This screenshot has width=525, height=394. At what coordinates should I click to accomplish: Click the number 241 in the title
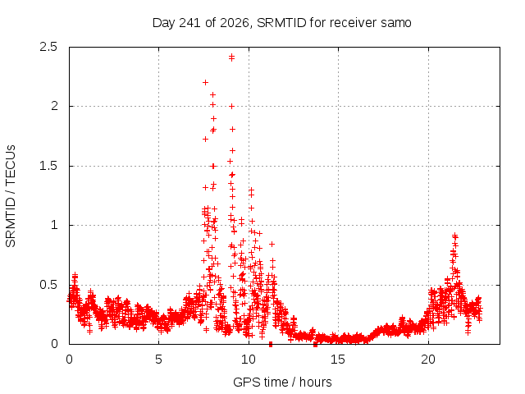[190, 23]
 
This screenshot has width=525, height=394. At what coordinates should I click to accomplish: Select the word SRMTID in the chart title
[281, 23]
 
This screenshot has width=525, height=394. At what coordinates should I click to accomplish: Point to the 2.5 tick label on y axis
[48, 47]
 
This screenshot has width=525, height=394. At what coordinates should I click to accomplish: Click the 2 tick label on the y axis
[54, 106]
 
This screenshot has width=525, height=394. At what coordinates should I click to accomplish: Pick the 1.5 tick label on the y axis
[48, 166]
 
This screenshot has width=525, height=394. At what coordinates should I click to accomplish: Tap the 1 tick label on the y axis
[55, 225]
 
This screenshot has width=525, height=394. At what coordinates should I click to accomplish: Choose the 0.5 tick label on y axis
[48, 285]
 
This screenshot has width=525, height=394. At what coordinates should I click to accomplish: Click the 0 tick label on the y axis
[54, 344]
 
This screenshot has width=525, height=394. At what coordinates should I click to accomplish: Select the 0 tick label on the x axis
[69, 360]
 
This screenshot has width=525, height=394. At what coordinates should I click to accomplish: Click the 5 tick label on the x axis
[158, 360]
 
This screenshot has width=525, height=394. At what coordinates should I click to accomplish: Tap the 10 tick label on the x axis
[248, 360]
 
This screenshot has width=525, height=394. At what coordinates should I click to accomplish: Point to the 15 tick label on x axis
[338, 360]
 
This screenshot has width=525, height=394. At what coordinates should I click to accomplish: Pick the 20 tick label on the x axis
[428, 360]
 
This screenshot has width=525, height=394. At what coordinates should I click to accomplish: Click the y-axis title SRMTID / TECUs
[11, 196]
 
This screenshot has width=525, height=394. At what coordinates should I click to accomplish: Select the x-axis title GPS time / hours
[282, 382]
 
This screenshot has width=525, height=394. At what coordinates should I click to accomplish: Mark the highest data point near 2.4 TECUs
[231, 57]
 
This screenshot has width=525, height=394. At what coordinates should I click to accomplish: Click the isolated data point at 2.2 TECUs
[206, 82]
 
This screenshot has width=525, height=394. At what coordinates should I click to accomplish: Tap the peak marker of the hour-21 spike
[454, 236]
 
